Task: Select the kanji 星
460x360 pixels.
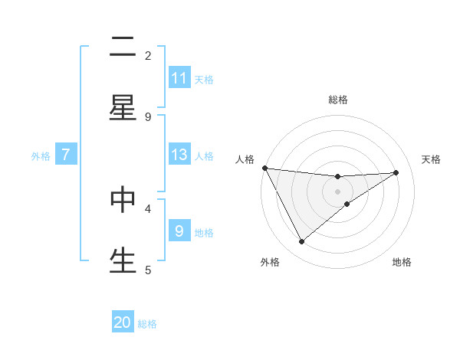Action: click(123, 107)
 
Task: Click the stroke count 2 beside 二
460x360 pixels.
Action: click(148, 55)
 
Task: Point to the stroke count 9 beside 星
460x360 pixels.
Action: click(148, 116)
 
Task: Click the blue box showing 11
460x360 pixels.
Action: click(179, 78)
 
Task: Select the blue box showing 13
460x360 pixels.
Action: click(179, 155)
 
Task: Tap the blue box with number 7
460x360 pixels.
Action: click(66, 155)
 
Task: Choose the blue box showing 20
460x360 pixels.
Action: click(123, 323)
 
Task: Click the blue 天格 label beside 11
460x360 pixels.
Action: click(204, 79)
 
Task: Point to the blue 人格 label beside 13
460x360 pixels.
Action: click(204, 155)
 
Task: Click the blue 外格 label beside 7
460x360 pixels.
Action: click(41, 155)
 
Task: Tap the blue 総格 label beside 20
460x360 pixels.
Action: click(147, 324)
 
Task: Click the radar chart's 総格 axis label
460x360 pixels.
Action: click(338, 100)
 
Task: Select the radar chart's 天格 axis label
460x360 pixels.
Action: click(432, 159)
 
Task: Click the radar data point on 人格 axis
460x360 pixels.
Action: click(264, 168)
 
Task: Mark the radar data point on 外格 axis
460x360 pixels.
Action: click(301, 241)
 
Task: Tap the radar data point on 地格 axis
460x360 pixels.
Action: click(347, 204)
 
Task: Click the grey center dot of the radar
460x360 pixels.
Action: click(337, 191)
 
